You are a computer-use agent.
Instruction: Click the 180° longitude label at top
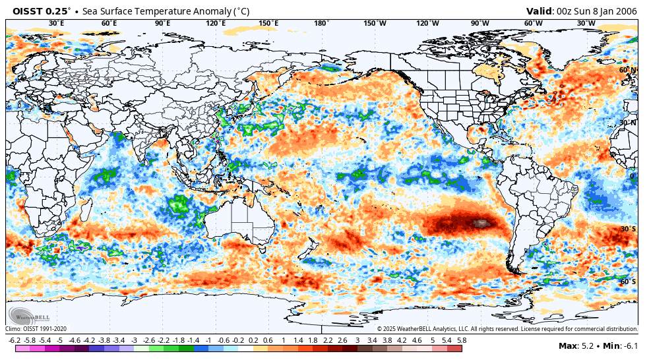(x=321, y=23)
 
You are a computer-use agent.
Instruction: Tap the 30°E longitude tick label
(x=57, y=23)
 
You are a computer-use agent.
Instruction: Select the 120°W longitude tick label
(x=427, y=23)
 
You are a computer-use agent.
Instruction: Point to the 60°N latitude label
(x=627, y=70)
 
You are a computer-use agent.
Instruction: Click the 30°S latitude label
(x=628, y=229)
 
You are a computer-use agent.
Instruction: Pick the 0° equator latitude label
(x=631, y=176)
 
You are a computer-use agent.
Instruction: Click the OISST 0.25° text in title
(x=41, y=11)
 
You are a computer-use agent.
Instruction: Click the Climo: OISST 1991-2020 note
(x=37, y=328)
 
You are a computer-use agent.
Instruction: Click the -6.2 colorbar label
(x=14, y=340)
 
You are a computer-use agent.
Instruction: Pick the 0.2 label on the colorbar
(x=253, y=340)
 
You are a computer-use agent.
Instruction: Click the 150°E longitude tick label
(x=268, y=23)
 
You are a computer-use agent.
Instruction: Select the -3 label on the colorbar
(x=134, y=340)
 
